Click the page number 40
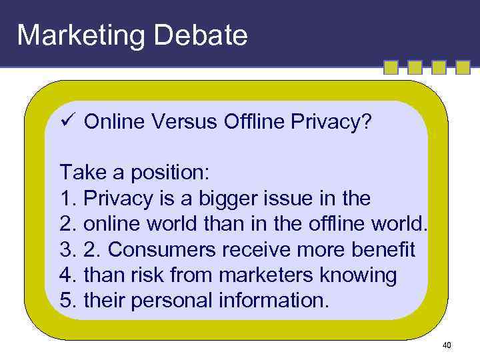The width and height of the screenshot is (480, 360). (x=447, y=345)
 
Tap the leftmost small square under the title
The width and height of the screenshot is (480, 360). (x=391, y=68)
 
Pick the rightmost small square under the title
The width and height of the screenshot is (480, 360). (x=461, y=68)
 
